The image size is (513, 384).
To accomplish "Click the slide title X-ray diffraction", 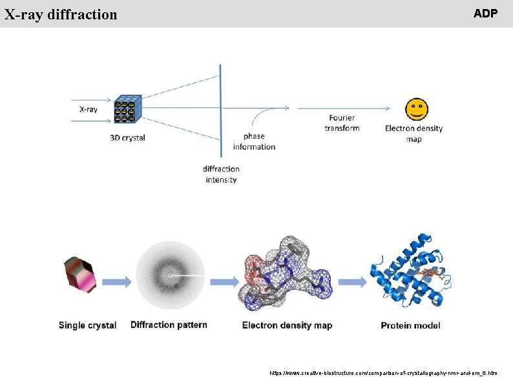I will tap(61, 14).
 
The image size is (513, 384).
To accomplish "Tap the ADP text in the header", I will tap(485, 14).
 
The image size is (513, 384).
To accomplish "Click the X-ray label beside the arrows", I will tap(89, 109).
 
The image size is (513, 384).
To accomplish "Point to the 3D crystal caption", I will tap(128, 138).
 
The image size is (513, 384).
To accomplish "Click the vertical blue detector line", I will tap(221, 110).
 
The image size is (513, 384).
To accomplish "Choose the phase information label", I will tap(254, 141).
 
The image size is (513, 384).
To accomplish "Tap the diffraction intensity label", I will tap(221, 174).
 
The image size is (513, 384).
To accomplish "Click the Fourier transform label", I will tap(342, 123).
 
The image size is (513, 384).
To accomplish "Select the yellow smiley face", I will tap(415, 109).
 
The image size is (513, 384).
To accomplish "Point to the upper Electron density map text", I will tap(414, 133).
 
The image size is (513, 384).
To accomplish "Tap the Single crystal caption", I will tap(87, 325).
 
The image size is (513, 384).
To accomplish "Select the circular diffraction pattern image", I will tap(170, 276).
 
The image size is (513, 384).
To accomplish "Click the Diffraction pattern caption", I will tap(169, 325).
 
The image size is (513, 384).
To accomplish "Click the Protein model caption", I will tap(410, 325).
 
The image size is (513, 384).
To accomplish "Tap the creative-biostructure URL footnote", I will tap(383, 373).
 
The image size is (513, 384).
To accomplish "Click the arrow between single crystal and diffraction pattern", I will tap(117, 281).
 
